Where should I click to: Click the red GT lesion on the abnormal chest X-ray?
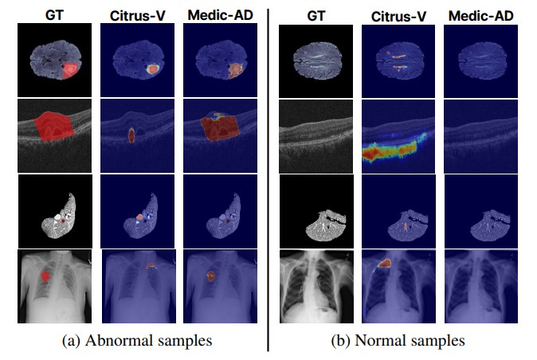pos(48,276)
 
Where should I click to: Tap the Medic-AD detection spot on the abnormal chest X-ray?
pos(211,276)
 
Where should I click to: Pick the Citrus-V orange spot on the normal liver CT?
pos(406,226)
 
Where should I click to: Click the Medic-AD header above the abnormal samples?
pos(218,14)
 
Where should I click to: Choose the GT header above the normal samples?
pos(312,14)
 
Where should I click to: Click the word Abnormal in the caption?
pos(116,341)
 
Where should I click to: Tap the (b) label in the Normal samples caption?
pos(340,341)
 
